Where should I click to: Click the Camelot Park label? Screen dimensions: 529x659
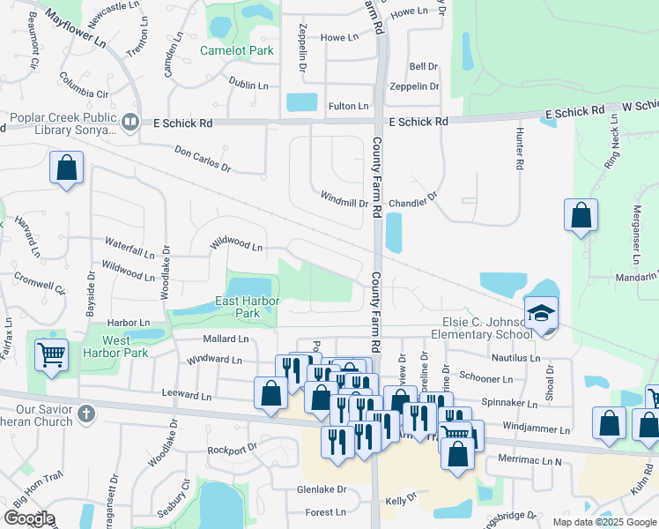pyautogui.click(x=237, y=50)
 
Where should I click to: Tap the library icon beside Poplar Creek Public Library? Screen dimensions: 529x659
pyautogui.click(x=130, y=122)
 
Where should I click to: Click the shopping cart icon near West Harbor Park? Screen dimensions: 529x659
pyautogui.click(x=52, y=354)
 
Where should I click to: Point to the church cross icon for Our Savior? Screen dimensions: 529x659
pyautogui.click(x=85, y=412)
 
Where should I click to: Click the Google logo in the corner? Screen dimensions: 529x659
pyautogui.click(x=29, y=518)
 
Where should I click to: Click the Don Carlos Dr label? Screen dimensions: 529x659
pyautogui.click(x=202, y=160)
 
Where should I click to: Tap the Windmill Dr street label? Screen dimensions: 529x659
pyautogui.click(x=344, y=203)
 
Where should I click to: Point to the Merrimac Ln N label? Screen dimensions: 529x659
pyautogui.click(x=529, y=460)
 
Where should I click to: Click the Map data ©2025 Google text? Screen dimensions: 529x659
pyautogui.click(x=603, y=522)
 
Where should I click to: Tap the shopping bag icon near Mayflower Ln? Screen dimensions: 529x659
pyautogui.click(x=67, y=168)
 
